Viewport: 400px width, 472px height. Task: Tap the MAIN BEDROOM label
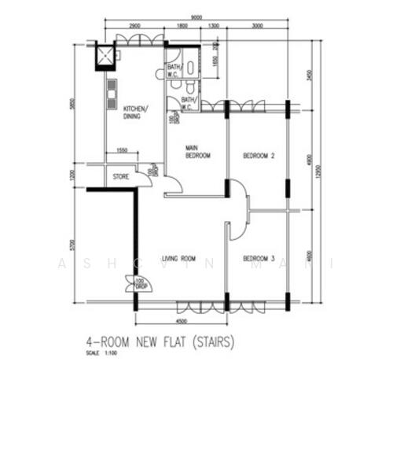click(x=197, y=151)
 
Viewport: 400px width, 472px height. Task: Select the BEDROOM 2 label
click(x=258, y=155)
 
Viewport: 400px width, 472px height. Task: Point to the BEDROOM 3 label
click(x=258, y=259)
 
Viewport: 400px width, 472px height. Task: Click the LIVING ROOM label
click(x=178, y=259)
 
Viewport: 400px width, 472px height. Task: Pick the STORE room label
click(x=121, y=176)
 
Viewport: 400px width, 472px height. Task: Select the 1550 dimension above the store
click(x=122, y=150)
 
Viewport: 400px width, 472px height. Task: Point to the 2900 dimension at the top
click(x=134, y=26)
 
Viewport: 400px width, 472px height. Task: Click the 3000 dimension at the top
click(x=257, y=26)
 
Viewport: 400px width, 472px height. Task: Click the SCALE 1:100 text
click(x=103, y=353)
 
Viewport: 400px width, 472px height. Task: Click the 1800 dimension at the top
click(x=182, y=26)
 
